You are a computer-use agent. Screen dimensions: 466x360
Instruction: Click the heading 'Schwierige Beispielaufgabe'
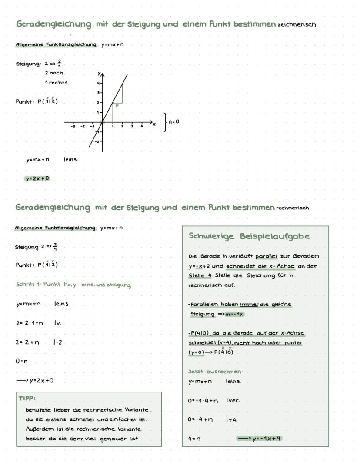(249, 236)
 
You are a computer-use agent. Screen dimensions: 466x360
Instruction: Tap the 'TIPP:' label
(27, 398)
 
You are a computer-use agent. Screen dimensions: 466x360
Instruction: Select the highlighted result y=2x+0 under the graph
(37, 178)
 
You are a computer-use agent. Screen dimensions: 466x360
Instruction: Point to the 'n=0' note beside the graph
(174, 121)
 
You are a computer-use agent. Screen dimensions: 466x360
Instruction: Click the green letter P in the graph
(117, 104)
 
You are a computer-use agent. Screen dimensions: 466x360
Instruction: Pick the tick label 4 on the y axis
(98, 83)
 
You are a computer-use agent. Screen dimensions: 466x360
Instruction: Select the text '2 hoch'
(54, 73)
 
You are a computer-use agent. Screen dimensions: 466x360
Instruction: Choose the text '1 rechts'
(56, 82)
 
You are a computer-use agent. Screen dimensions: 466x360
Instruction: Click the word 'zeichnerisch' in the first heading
(297, 25)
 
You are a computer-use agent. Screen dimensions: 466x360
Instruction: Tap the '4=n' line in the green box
(194, 439)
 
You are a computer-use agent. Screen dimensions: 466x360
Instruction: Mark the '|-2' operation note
(58, 342)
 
